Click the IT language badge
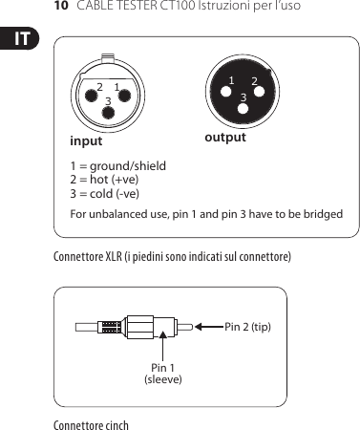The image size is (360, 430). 17,40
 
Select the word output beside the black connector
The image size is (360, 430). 225,138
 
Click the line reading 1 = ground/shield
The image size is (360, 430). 117,166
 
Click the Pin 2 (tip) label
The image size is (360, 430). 247,327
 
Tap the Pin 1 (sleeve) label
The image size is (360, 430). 162,374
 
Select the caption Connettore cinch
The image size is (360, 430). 91,423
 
